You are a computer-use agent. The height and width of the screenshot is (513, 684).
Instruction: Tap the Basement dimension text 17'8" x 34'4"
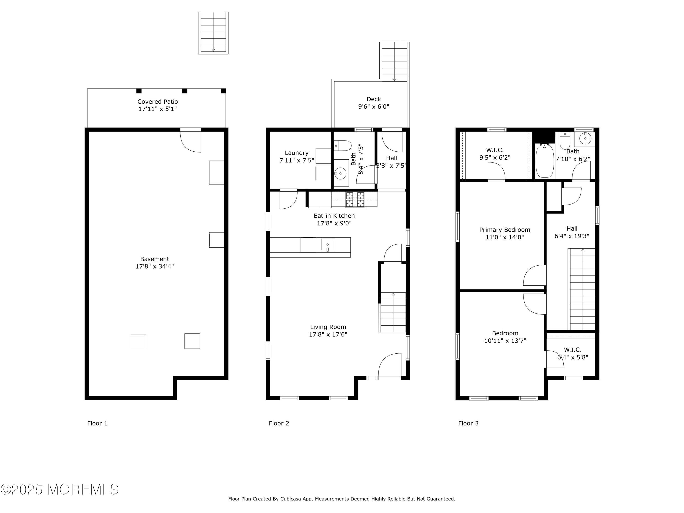pyautogui.click(x=155, y=267)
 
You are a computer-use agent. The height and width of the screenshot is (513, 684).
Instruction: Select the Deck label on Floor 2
pyautogui.click(x=373, y=99)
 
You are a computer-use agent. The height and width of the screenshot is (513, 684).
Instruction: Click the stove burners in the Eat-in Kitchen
pyautogui.click(x=355, y=199)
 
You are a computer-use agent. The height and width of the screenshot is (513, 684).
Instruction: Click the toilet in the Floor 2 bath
pyautogui.click(x=343, y=145)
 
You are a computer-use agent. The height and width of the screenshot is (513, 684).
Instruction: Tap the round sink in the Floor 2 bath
pyautogui.click(x=340, y=174)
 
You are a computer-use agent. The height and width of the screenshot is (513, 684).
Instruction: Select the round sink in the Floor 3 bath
pyautogui.click(x=585, y=139)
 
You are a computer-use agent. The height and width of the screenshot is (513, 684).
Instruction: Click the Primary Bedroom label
pyautogui.click(x=505, y=230)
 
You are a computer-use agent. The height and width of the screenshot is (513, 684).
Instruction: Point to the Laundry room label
pyautogui.click(x=297, y=153)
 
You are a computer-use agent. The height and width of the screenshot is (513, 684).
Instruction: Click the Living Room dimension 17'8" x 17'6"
pyautogui.click(x=328, y=334)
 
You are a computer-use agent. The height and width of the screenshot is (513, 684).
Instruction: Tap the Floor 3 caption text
pyautogui.click(x=468, y=423)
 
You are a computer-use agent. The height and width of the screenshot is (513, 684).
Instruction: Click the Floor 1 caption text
pyautogui.click(x=97, y=423)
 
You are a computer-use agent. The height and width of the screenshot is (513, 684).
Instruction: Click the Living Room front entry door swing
pyautogui.click(x=391, y=365)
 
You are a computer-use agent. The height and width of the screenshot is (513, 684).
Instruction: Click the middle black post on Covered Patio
pyautogui.click(x=185, y=91)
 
